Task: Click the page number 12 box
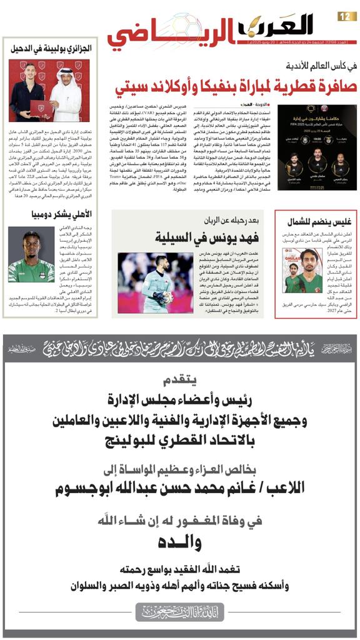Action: coord(346,16)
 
